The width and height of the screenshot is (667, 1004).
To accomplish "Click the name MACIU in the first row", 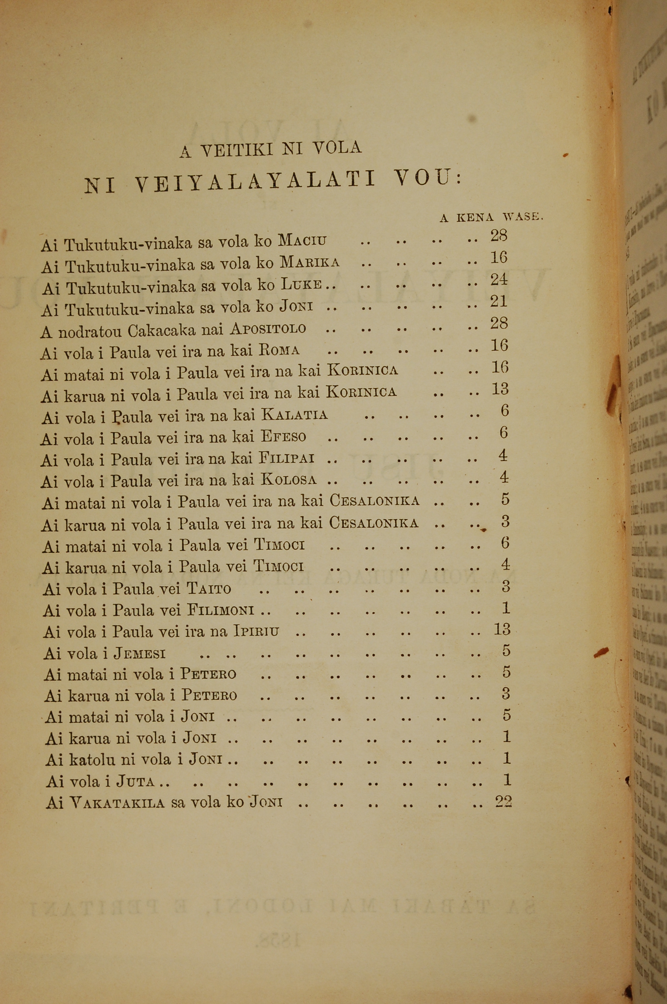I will point(302,241).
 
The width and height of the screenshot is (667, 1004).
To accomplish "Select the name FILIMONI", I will point(221,611).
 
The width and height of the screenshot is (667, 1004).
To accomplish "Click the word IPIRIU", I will point(256,631).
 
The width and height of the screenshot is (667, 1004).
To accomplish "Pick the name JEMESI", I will point(140,653).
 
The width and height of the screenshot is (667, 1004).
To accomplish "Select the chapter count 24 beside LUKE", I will point(499,280).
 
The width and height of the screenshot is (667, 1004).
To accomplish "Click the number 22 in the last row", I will point(503,801).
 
